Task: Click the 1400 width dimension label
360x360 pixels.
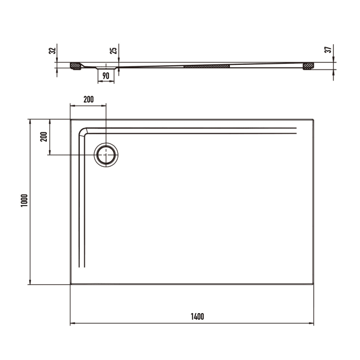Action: (x=197, y=316)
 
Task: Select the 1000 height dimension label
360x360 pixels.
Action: (x=23, y=201)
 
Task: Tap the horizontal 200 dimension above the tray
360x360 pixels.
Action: (x=88, y=100)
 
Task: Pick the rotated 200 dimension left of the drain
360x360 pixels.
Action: (x=43, y=136)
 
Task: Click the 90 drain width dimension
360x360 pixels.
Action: (x=105, y=76)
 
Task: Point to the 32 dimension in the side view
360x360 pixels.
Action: (x=51, y=51)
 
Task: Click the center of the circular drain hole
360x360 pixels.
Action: (x=106, y=154)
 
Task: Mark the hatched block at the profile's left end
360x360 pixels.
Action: (x=76, y=66)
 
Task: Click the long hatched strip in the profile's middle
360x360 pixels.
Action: (x=206, y=66)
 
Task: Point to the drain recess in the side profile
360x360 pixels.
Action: (x=106, y=67)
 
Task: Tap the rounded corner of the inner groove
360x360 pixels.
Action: (x=82, y=131)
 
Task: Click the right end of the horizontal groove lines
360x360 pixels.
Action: (x=297, y=130)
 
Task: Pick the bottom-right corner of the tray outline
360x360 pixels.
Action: (x=313, y=283)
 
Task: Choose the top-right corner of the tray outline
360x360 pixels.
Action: (x=313, y=120)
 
